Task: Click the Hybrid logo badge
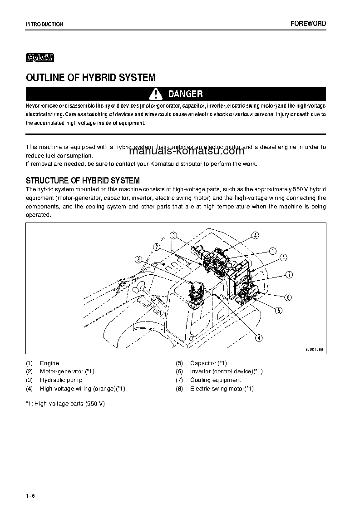pos(40,58)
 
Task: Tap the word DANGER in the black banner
pos(185,94)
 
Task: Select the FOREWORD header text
pos(308,24)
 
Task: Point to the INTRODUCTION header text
pos(44,25)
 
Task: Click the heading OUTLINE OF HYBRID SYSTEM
pos(91,78)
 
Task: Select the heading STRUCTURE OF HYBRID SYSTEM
pos(83,180)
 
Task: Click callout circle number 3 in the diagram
pos(173,235)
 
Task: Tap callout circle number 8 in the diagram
pos(138,259)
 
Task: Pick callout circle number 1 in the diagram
pos(273,251)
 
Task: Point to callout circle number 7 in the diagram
pos(289,274)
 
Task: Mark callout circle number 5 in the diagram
pos(279,311)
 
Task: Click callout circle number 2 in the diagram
pos(156,247)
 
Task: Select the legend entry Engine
pos(49,363)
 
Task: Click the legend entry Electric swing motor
pos(222,389)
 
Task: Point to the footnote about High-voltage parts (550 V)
pos(65,404)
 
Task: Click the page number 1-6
pos(30,495)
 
